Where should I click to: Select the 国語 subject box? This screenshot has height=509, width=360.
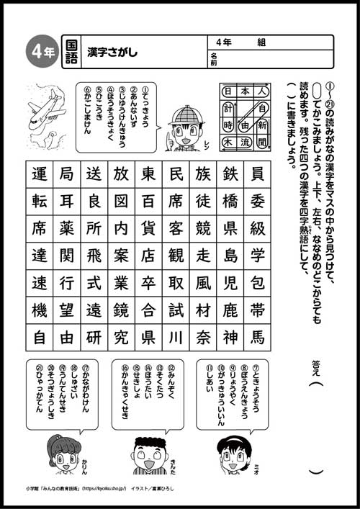(70, 51)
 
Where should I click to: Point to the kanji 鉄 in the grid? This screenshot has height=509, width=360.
(230, 175)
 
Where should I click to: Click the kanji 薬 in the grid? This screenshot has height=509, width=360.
(67, 229)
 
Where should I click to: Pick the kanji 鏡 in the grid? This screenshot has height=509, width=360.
(121, 310)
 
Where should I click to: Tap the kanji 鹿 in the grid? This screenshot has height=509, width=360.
(230, 310)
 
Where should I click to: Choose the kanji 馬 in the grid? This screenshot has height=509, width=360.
(257, 336)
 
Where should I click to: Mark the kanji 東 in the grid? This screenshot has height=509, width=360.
(148, 175)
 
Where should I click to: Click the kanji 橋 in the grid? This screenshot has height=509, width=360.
(230, 202)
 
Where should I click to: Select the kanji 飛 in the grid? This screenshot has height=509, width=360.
(94, 256)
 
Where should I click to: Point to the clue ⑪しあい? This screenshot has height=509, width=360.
(209, 388)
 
